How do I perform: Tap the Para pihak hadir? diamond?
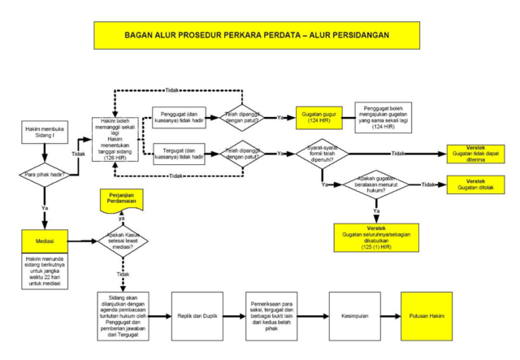43,174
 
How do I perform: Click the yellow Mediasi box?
44,241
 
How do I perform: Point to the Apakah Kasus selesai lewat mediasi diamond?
123,241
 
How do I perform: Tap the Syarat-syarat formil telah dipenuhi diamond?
321,153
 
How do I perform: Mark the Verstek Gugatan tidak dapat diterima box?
475,154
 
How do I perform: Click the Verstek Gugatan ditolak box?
475,184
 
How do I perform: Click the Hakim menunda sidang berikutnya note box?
45,270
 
